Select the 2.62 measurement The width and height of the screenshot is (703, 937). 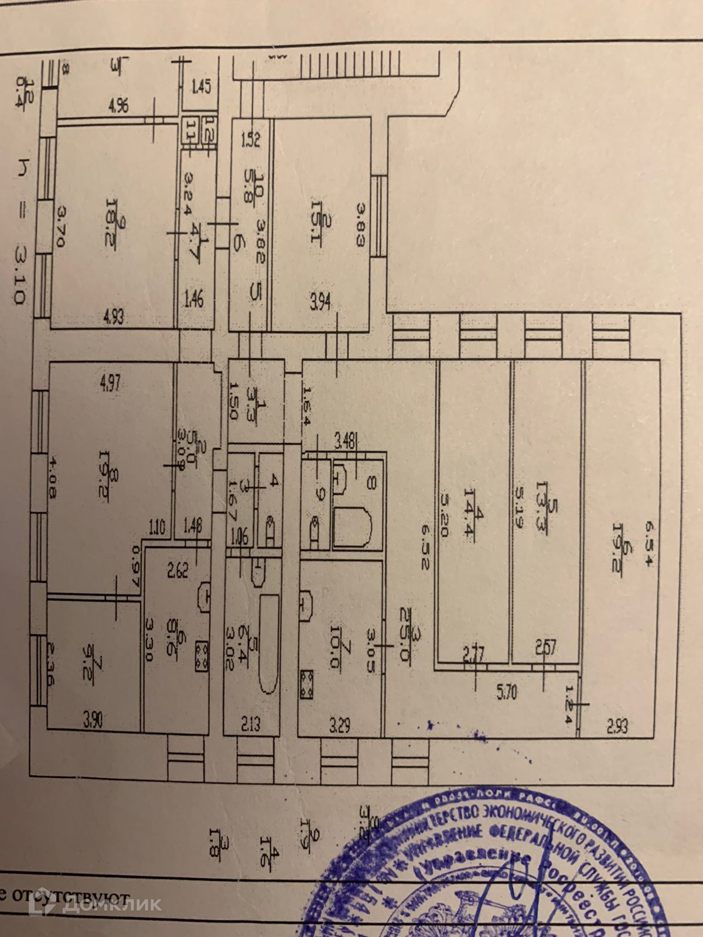pos(177,569)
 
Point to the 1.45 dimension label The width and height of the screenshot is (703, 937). pos(201,89)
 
